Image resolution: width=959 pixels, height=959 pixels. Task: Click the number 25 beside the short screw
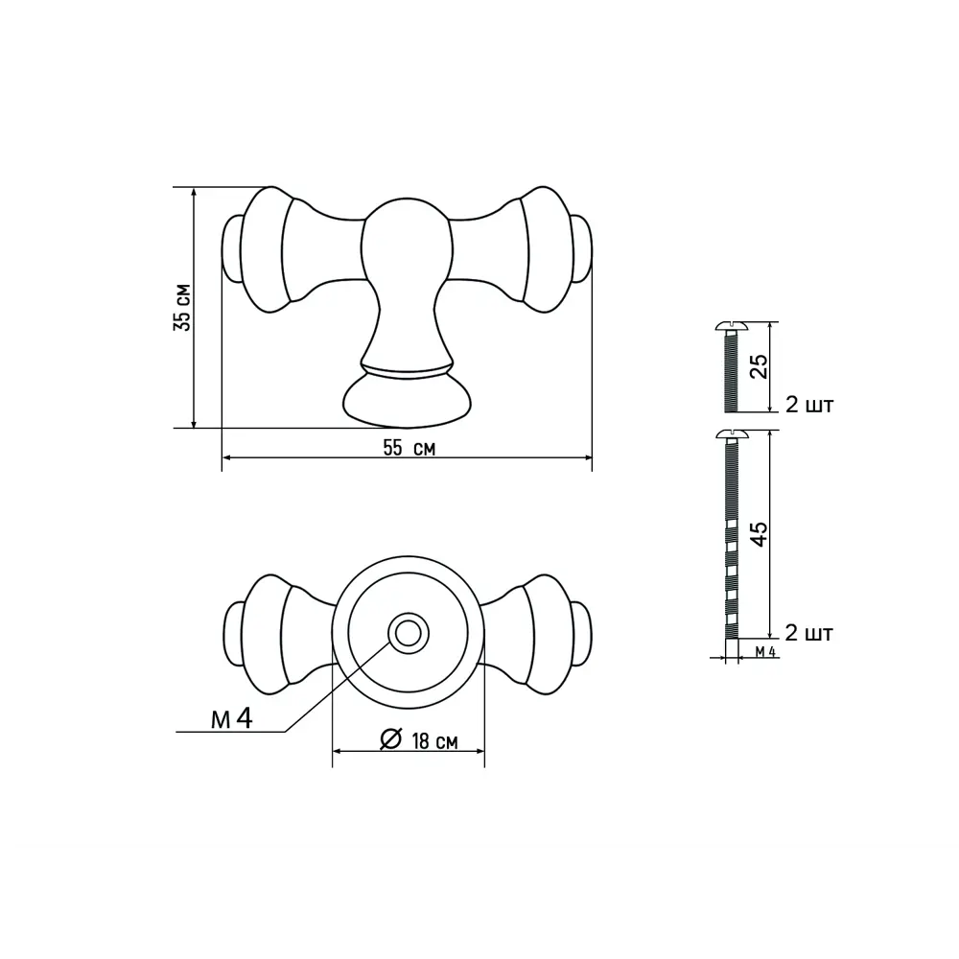click(759, 367)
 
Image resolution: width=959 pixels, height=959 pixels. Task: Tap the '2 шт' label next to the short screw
click(808, 405)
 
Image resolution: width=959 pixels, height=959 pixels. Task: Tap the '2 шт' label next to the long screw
click(808, 633)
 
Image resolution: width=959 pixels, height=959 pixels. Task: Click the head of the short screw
click(731, 327)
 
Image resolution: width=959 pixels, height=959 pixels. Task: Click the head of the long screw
click(731, 436)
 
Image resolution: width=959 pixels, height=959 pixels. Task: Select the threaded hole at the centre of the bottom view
click(408, 633)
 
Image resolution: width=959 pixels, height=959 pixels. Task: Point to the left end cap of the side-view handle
click(232, 249)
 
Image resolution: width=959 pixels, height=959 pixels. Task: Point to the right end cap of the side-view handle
click(581, 249)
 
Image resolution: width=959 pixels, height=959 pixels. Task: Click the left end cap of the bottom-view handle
click(232, 633)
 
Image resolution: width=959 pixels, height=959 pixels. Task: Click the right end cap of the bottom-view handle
click(581, 633)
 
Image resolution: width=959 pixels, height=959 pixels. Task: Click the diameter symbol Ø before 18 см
click(390, 739)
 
